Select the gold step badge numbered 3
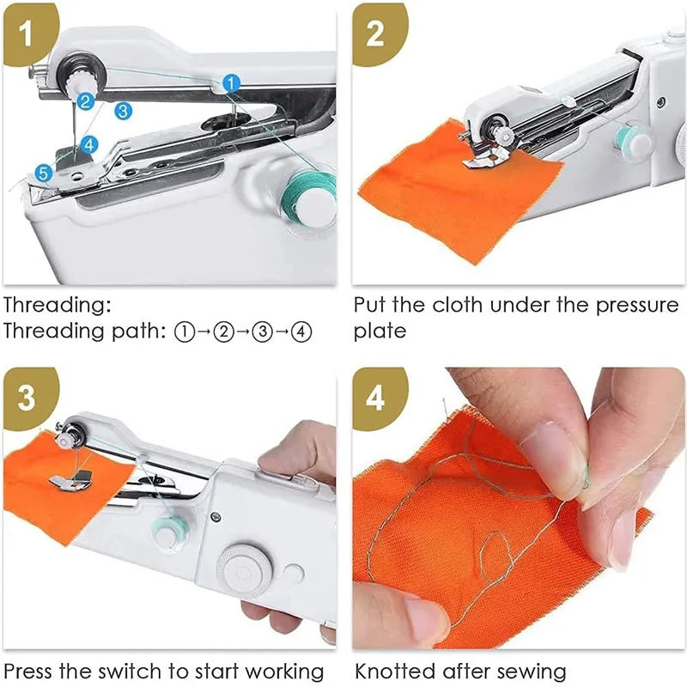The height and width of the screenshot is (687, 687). (x=26, y=398)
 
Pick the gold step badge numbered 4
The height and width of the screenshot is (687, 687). (x=375, y=398)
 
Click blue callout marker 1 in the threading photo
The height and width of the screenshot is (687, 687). (x=230, y=82)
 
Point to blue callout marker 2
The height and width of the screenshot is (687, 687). (x=84, y=101)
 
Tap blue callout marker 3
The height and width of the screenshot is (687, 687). (x=123, y=110)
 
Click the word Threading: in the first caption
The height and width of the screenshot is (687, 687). (x=57, y=305)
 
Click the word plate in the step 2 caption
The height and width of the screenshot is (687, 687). (x=379, y=331)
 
